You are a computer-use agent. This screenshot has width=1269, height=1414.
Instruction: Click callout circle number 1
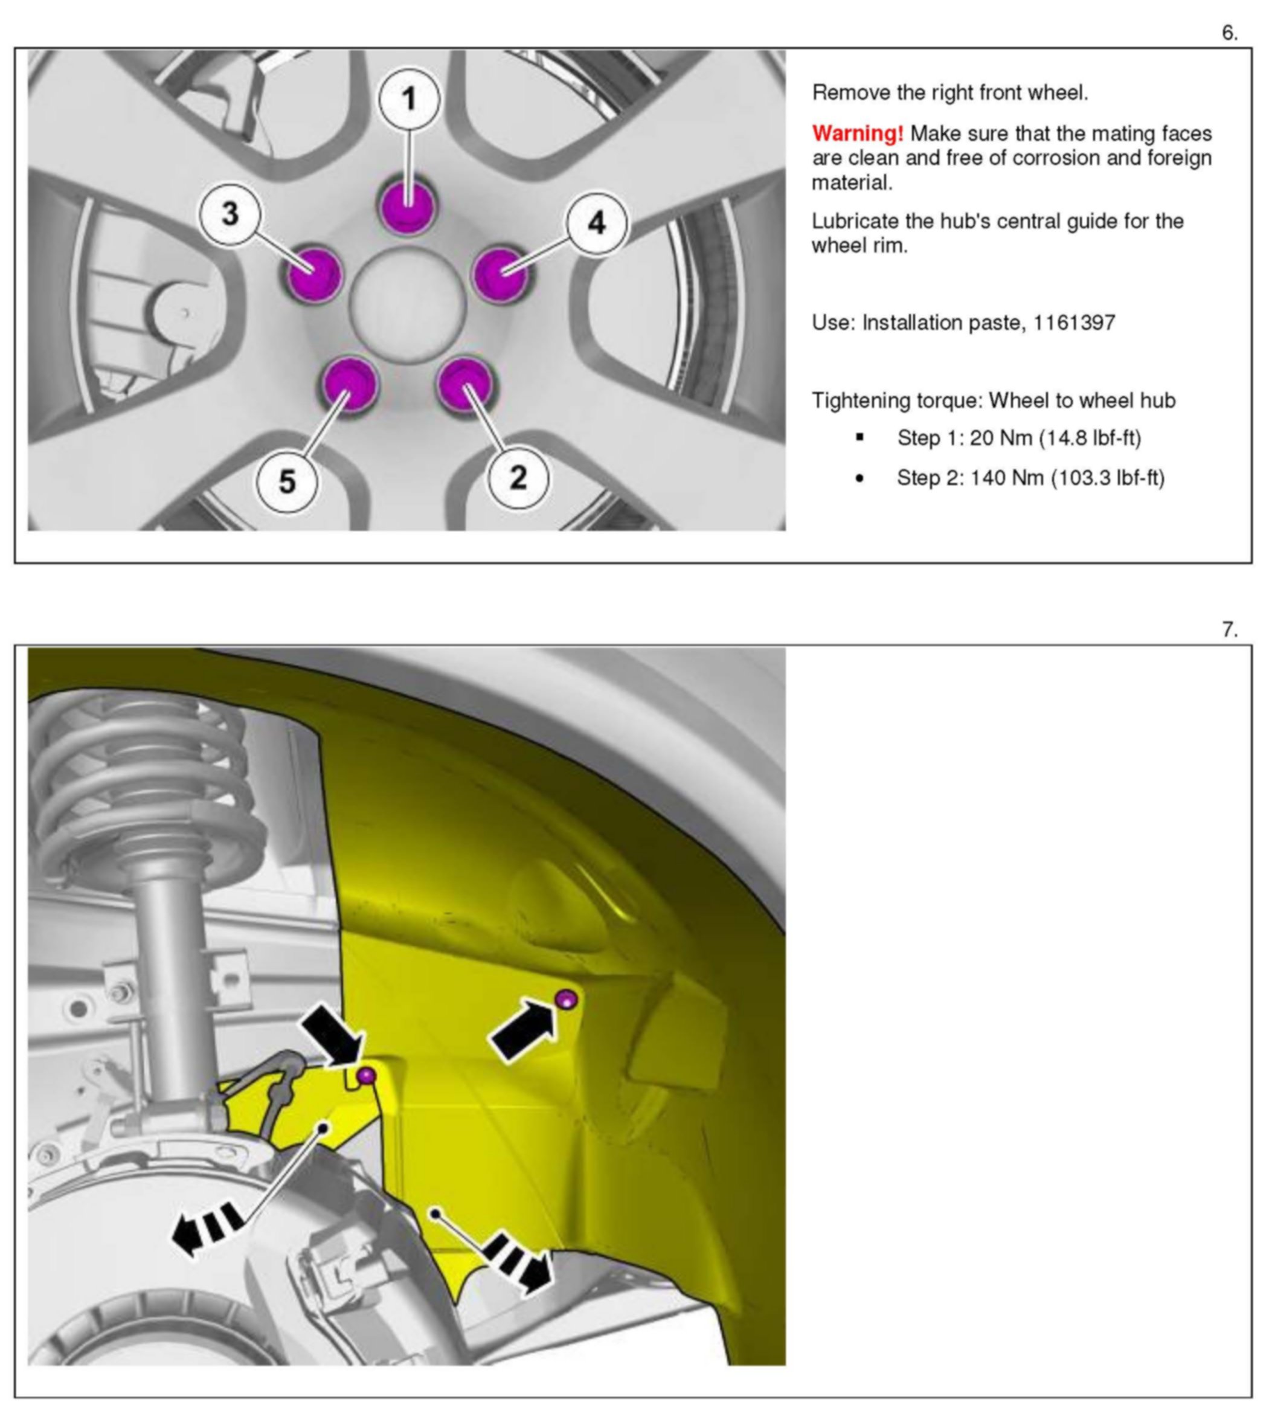tap(410, 99)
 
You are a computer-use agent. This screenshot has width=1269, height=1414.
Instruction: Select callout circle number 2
tap(518, 478)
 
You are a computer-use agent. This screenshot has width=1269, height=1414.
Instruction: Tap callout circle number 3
tap(230, 213)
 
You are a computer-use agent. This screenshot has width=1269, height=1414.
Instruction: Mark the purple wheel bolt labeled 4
tap(500, 274)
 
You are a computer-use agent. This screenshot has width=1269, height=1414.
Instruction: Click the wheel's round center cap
tap(407, 306)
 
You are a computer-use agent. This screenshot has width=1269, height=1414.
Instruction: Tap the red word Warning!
tap(857, 133)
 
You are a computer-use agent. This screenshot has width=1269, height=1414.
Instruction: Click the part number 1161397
tap(1074, 323)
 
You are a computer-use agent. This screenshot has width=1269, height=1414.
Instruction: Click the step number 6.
tap(1229, 33)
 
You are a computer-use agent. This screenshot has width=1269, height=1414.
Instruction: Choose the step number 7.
tap(1229, 631)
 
